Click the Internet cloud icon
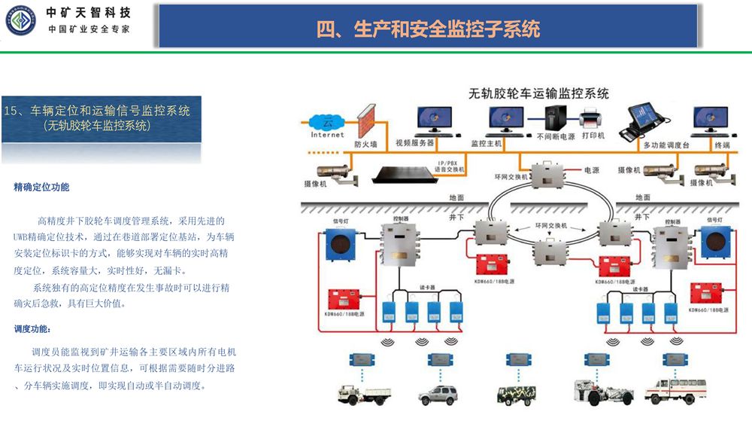327,122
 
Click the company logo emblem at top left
20,21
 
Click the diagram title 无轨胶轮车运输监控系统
538,93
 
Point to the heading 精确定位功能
41,188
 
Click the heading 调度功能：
34,329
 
